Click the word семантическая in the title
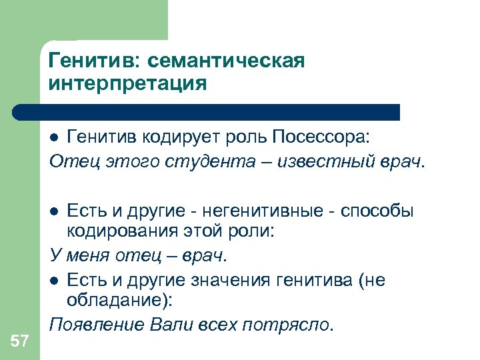pos(226,61)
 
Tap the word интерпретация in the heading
pos(127,85)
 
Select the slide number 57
pos(19,341)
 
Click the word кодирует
pos(173,137)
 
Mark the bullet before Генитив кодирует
pos(57,137)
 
